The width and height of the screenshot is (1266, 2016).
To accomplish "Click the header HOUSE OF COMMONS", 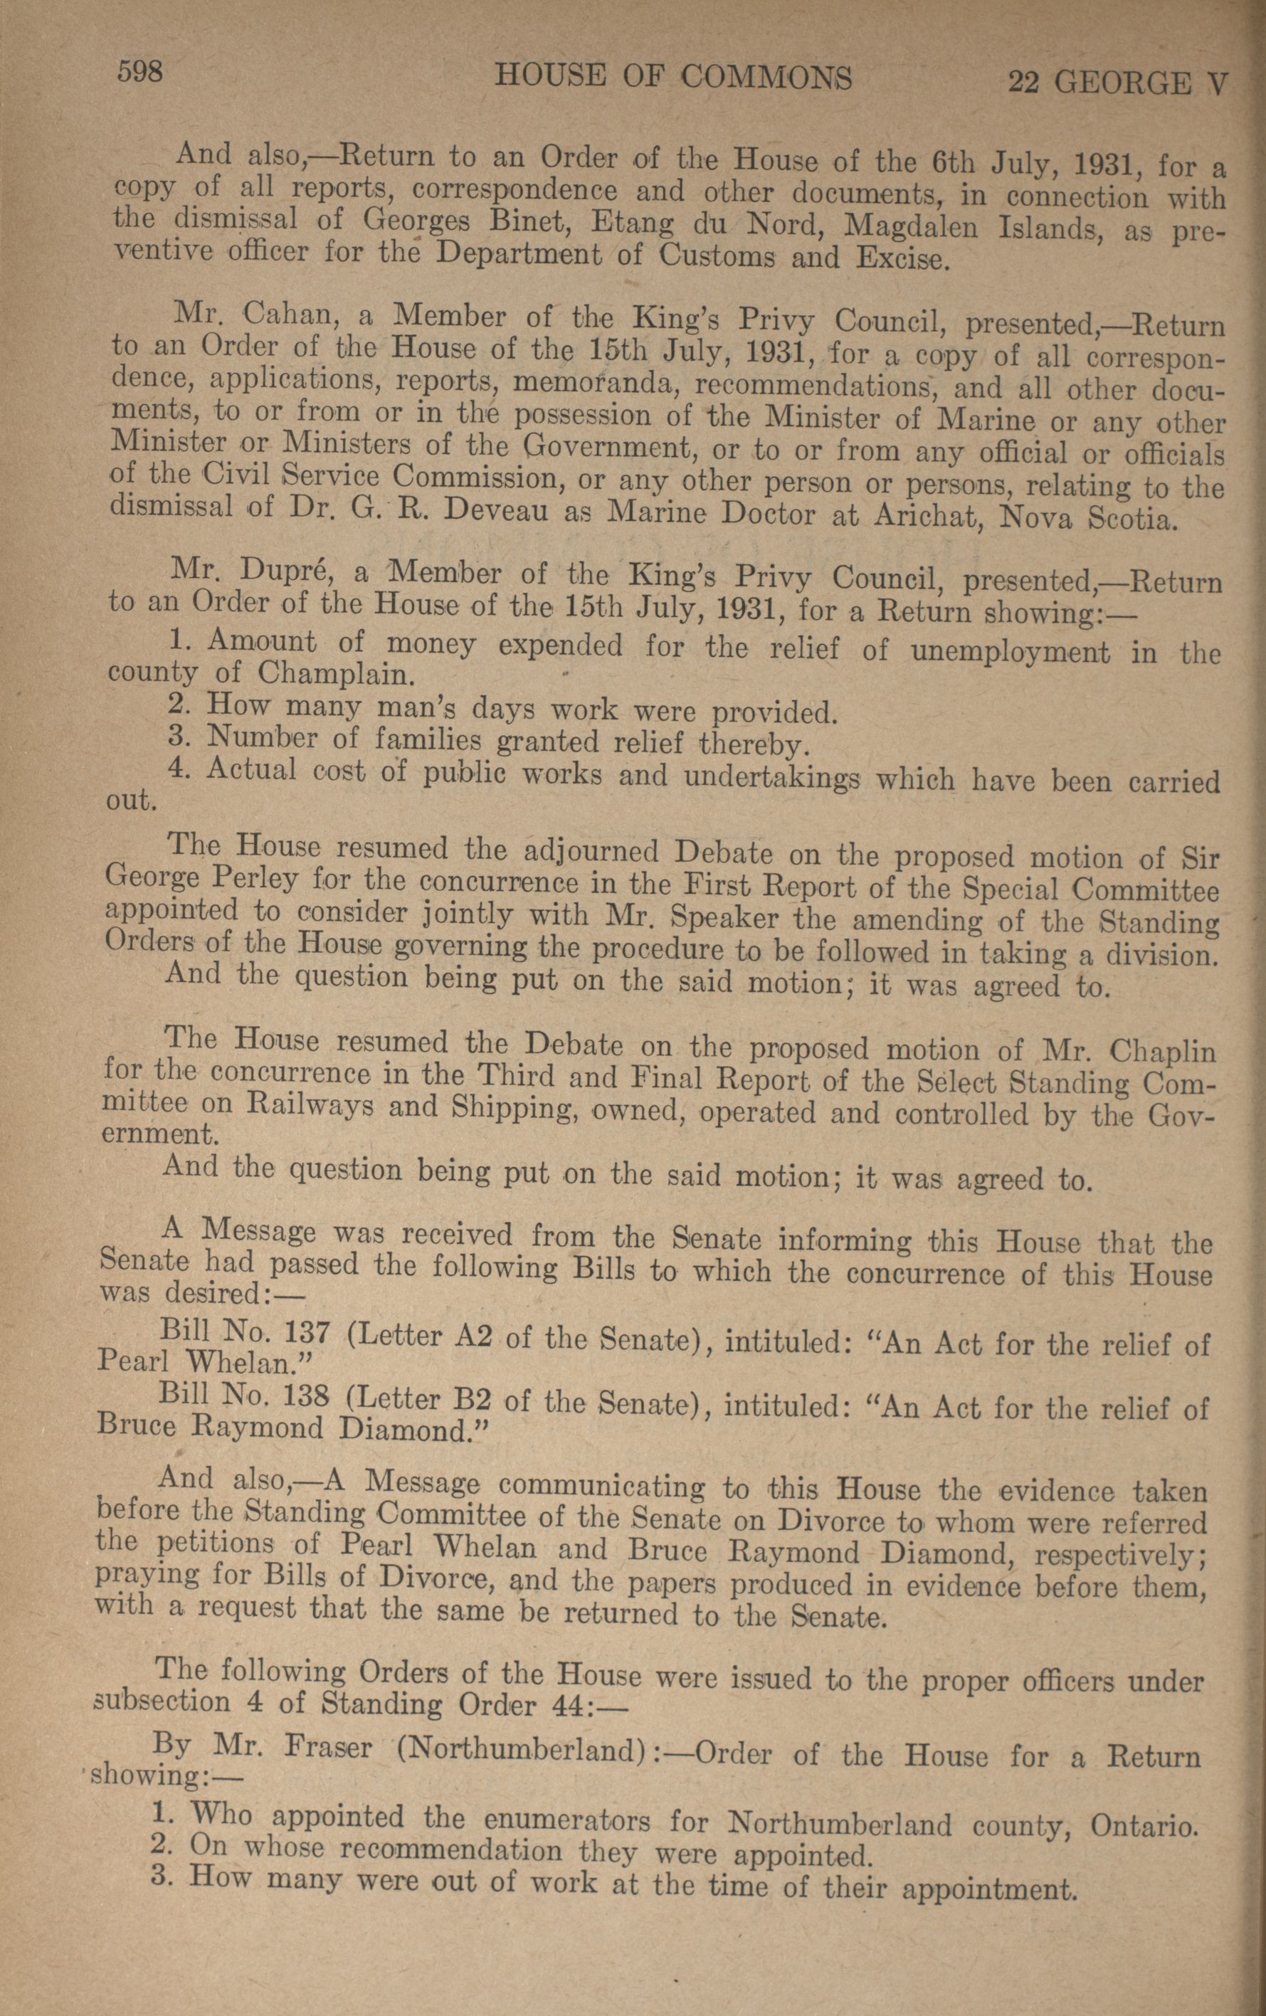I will click(x=674, y=78).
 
